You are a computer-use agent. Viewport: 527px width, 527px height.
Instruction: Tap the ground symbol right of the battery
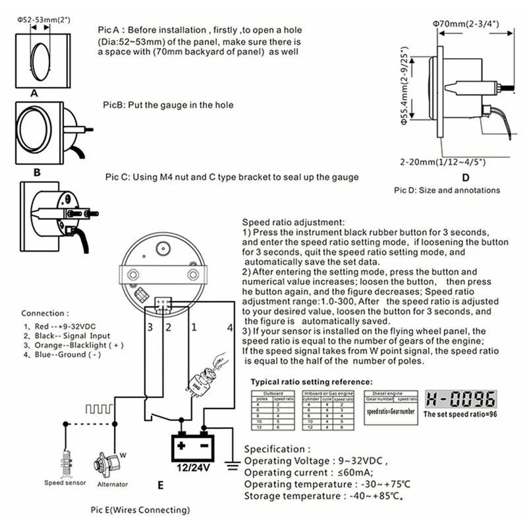[x=231, y=466]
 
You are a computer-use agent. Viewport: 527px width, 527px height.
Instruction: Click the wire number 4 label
[x=230, y=327]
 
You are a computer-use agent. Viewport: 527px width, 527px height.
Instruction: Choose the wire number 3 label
[x=150, y=327]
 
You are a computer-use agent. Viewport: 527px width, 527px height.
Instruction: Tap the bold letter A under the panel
[x=34, y=94]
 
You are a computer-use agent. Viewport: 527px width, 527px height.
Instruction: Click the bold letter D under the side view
[x=464, y=177]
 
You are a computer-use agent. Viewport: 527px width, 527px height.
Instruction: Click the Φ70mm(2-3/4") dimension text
[x=465, y=24]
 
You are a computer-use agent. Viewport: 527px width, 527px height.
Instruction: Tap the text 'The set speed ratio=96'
[x=458, y=415]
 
